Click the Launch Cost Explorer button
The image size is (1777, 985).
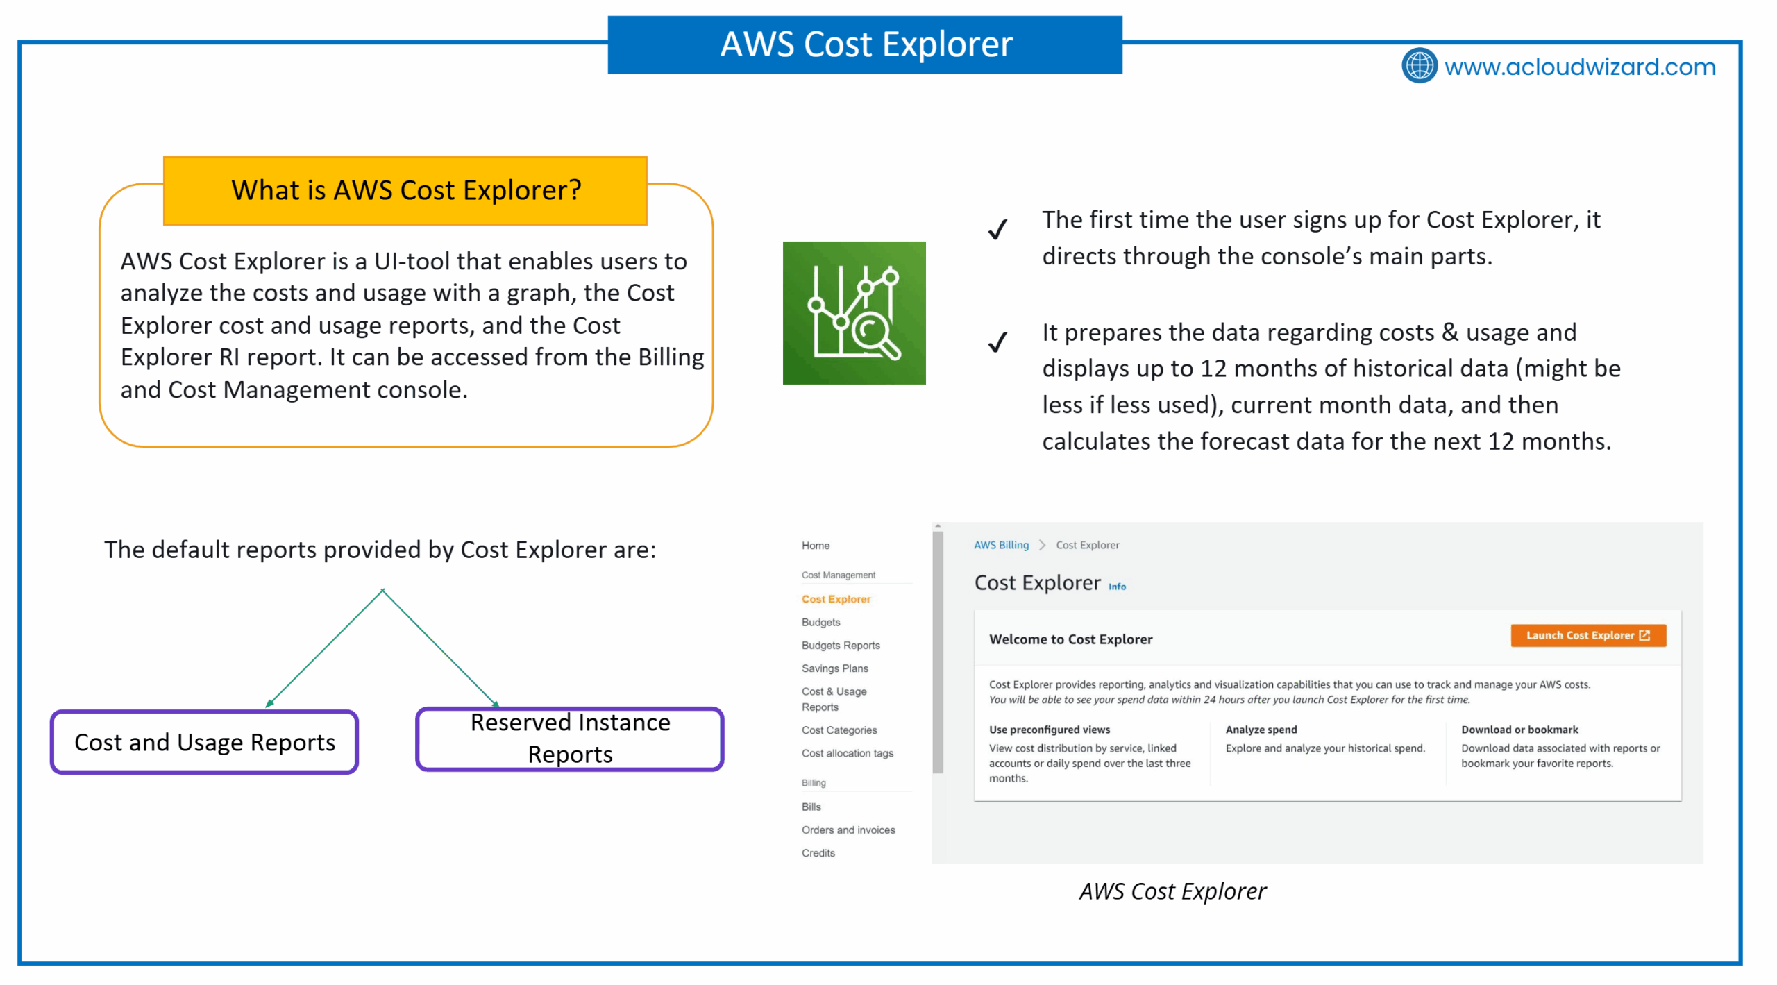1587,635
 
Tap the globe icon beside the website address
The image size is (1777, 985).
1420,66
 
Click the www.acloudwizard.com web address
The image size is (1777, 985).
1580,67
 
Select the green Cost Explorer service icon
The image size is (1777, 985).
854,313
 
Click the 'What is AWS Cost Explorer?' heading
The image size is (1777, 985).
405,190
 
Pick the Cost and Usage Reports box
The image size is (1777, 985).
204,742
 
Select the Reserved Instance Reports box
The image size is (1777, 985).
570,739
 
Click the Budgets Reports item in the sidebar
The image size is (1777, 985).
841,646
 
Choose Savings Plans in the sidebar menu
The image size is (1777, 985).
834,668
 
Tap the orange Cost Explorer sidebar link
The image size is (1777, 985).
836,599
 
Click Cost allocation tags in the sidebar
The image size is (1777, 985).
848,753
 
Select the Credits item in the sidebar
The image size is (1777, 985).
818,853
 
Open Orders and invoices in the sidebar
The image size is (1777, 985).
848,830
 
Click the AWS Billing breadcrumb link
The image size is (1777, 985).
1001,545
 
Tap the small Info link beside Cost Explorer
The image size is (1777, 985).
1117,587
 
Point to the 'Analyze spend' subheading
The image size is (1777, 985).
1261,730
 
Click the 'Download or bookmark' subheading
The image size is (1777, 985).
1519,730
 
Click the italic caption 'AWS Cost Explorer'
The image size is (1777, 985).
1172,891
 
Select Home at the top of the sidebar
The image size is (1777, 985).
816,546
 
